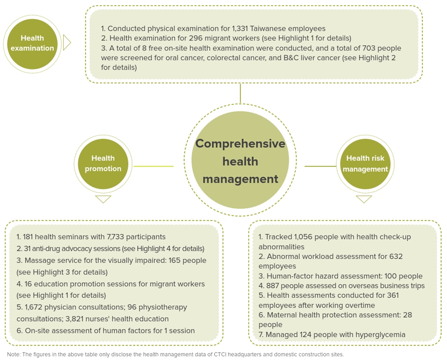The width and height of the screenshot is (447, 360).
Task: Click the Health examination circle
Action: [32, 44]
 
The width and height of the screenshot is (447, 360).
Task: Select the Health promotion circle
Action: [103, 164]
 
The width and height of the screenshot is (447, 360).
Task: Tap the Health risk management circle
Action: [365, 164]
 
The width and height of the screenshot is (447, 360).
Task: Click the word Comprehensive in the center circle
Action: [240, 144]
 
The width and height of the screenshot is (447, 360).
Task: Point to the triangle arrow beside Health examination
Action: [67, 43]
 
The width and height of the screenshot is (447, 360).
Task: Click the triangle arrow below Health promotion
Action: [103, 199]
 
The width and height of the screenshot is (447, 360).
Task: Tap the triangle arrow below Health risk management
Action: [364, 199]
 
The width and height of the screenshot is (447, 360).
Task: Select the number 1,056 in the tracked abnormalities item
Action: [303, 237]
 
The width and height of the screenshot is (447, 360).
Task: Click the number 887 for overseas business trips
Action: [272, 286]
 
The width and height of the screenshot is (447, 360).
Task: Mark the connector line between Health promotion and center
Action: [153, 166]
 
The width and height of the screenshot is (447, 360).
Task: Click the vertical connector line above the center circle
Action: [240, 93]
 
